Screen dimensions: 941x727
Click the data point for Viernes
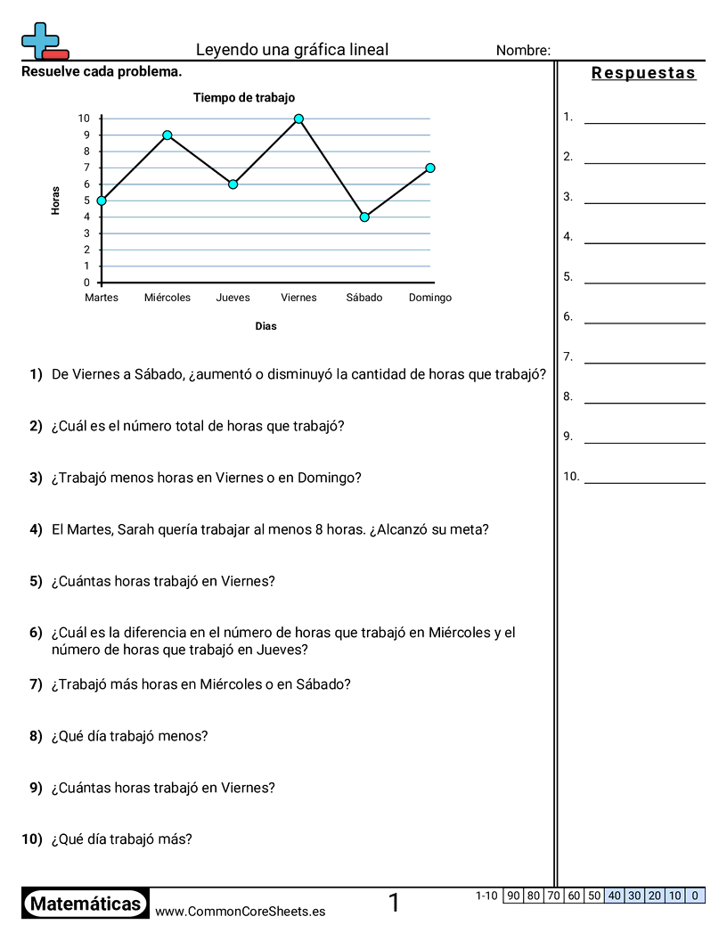[x=298, y=119]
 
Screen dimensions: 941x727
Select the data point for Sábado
[x=364, y=217]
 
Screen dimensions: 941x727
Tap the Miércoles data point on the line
[x=167, y=135]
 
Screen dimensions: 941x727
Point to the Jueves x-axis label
[x=233, y=298]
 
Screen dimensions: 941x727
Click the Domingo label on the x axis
[x=430, y=298]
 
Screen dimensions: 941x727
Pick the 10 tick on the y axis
[x=85, y=119]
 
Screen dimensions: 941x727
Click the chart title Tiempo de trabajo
[x=244, y=98]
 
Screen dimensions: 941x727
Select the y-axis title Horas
[x=56, y=200]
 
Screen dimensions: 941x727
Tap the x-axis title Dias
[x=265, y=326]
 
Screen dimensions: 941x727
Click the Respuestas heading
[x=643, y=73]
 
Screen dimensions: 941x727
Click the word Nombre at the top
[x=523, y=51]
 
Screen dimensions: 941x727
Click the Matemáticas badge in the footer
[x=86, y=904]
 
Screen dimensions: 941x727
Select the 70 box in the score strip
[x=554, y=896]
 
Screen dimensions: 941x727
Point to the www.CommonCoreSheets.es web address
[x=240, y=912]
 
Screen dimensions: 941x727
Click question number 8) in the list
[x=36, y=736]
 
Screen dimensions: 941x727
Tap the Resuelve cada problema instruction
[x=102, y=71]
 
